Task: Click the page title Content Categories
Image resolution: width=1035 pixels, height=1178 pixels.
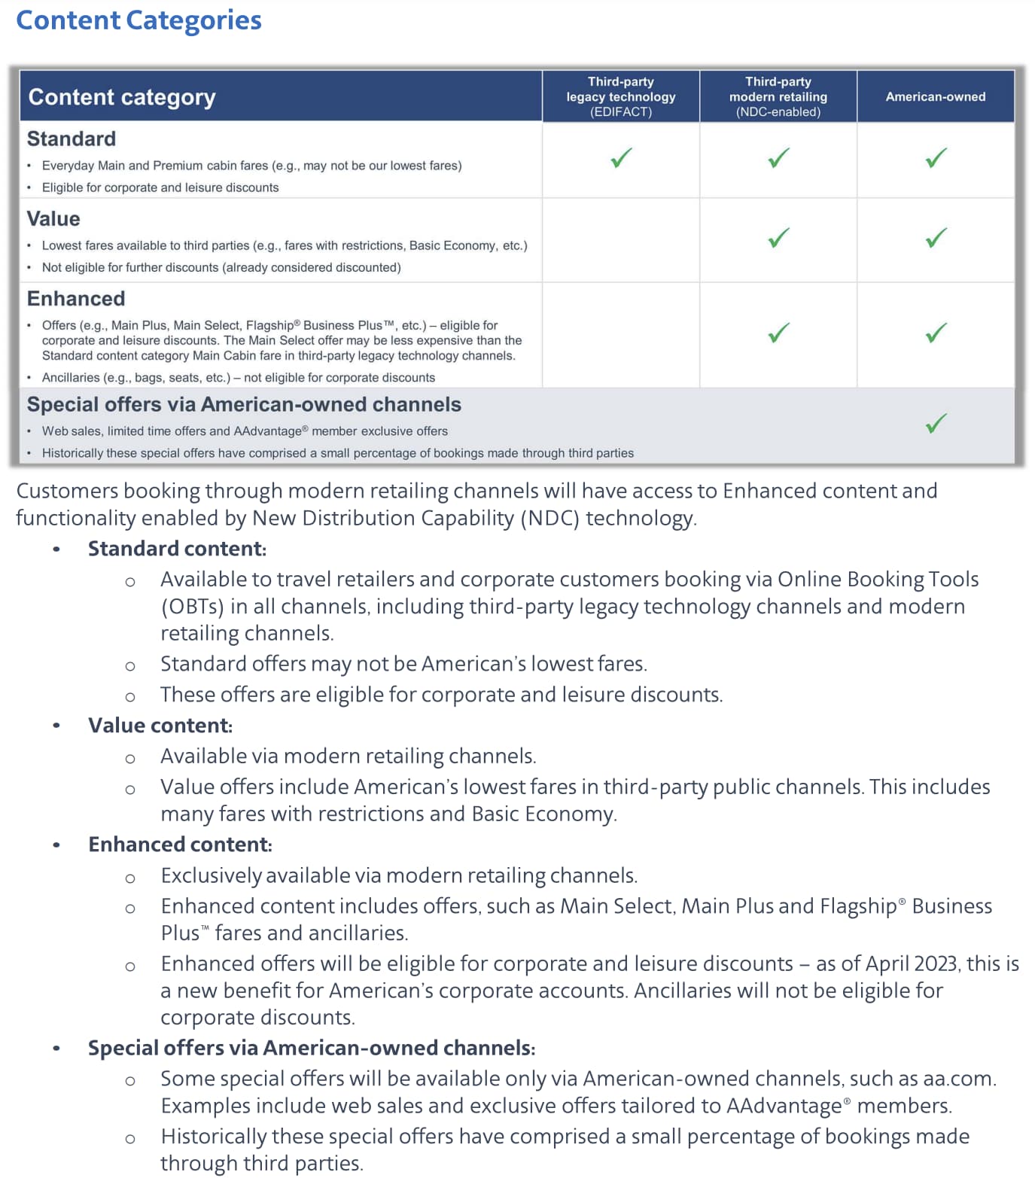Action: (139, 20)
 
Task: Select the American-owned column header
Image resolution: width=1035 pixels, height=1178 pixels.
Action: (935, 96)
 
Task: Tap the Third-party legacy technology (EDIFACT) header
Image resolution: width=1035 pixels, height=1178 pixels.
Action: (621, 96)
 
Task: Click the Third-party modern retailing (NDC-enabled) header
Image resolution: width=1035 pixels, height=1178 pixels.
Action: (778, 96)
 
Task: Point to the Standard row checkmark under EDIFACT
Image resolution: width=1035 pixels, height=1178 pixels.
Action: (621, 158)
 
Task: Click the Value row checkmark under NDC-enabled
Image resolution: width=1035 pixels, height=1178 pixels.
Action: (778, 238)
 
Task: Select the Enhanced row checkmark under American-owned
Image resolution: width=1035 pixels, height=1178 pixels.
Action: (936, 333)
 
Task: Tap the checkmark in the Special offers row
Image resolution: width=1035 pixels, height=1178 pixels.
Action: (936, 423)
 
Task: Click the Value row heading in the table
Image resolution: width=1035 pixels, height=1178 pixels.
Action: (53, 219)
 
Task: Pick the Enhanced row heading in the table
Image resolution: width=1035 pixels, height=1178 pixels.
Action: (76, 299)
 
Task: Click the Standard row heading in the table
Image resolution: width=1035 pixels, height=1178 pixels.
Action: (72, 139)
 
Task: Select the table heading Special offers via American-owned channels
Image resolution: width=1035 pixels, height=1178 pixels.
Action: (244, 405)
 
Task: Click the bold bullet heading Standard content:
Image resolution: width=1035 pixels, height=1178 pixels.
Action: (177, 549)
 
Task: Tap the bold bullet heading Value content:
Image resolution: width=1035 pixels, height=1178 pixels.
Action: (160, 726)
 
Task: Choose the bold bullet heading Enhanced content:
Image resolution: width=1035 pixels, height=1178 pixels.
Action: (180, 845)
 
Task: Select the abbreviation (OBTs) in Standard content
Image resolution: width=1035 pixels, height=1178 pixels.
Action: (192, 607)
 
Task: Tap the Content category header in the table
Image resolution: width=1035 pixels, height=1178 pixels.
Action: (122, 97)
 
